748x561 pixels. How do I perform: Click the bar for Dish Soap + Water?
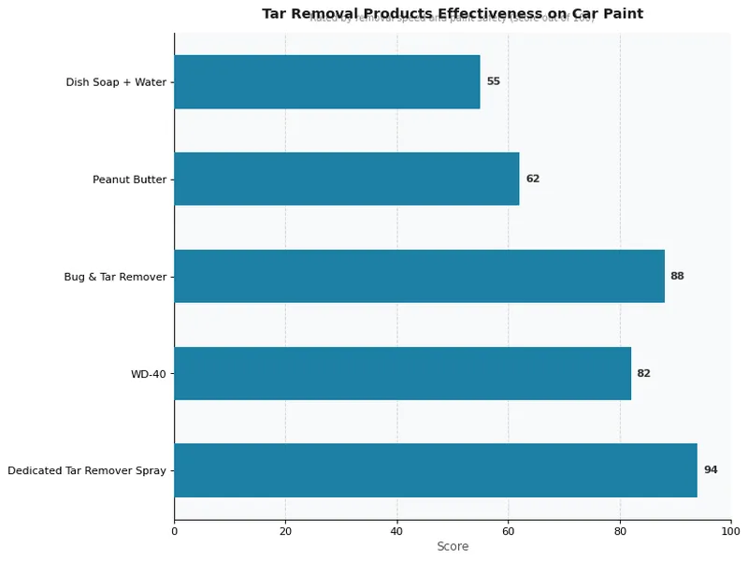point(326,81)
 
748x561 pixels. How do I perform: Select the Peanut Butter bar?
point(346,179)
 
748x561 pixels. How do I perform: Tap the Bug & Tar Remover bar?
point(419,276)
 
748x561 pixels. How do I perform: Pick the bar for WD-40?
point(402,373)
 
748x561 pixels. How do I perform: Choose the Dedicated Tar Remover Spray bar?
point(436,470)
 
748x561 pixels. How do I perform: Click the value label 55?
point(493,81)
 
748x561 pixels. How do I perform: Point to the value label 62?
point(532,179)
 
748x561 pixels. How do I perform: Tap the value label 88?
point(677,276)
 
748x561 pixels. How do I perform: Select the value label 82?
point(643,373)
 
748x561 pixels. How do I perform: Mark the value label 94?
point(711,470)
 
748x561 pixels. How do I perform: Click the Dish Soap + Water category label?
point(116,82)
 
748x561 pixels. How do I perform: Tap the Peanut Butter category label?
point(129,180)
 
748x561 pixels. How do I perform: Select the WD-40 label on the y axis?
point(148,374)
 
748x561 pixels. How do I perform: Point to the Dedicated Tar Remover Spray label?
point(87,471)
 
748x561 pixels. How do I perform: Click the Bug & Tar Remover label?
point(115,277)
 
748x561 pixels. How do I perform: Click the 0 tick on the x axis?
point(174,531)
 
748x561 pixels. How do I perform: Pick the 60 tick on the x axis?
point(508,531)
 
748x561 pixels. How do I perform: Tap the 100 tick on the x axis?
point(730,531)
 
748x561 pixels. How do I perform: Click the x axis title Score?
point(453,547)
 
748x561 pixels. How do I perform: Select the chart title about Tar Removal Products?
point(453,13)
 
